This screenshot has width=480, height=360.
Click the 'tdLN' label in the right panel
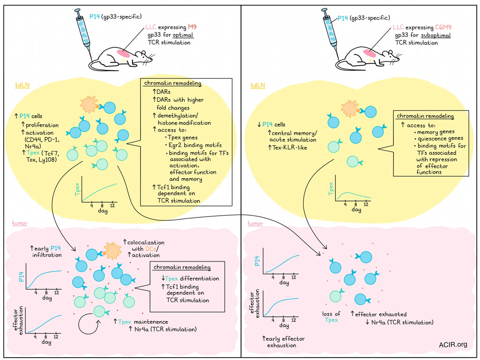pyautogui.click(x=258, y=85)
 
